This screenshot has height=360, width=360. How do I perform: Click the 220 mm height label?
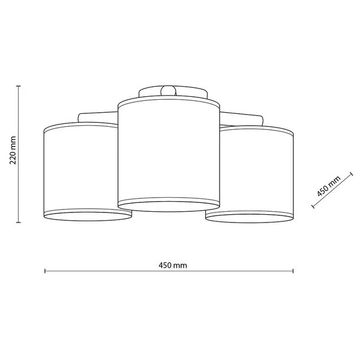click(12, 153)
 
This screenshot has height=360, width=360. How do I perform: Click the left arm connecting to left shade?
click(98, 115)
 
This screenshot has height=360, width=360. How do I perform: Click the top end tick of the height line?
click(19, 86)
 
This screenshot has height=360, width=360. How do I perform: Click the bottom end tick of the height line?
click(19, 222)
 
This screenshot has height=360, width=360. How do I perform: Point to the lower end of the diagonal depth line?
click(312, 207)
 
